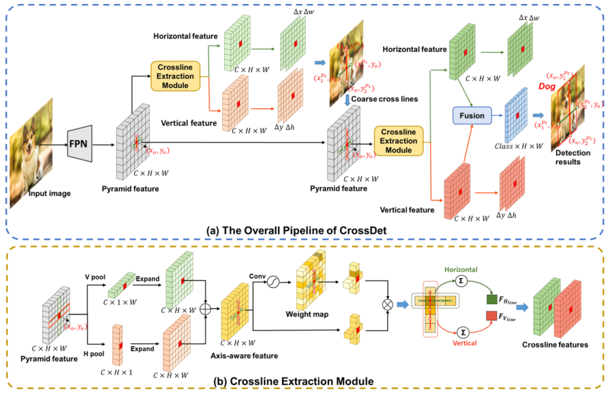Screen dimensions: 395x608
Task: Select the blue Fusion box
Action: [x=472, y=115]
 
